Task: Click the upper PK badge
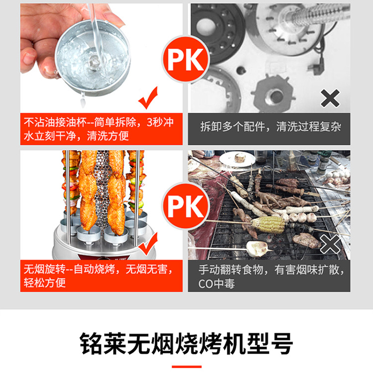point(186,59)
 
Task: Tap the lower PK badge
point(186,205)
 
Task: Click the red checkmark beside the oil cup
point(148,97)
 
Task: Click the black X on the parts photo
point(330,98)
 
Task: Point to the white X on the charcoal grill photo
point(330,244)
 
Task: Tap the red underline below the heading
point(186,367)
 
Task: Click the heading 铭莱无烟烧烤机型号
point(186,343)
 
